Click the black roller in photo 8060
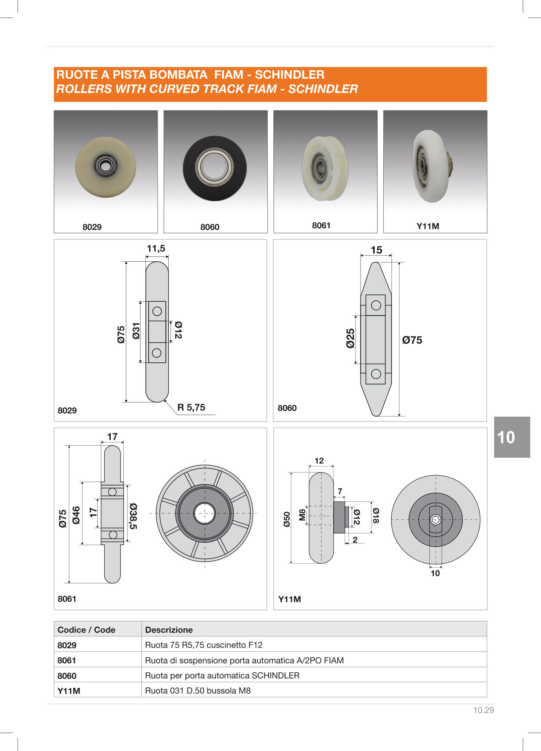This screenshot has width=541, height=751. pos(215,168)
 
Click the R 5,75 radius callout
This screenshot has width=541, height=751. pos(191,407)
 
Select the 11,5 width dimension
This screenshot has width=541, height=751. pos(156,248)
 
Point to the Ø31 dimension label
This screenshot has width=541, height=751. pos(136,331)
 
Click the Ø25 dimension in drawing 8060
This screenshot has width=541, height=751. pos(350,338)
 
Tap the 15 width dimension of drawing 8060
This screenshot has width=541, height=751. pos(376,250)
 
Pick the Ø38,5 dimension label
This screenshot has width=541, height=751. pos(133,516)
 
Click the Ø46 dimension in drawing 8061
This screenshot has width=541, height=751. pos(76,515)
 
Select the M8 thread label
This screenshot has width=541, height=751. pos(302,515)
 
